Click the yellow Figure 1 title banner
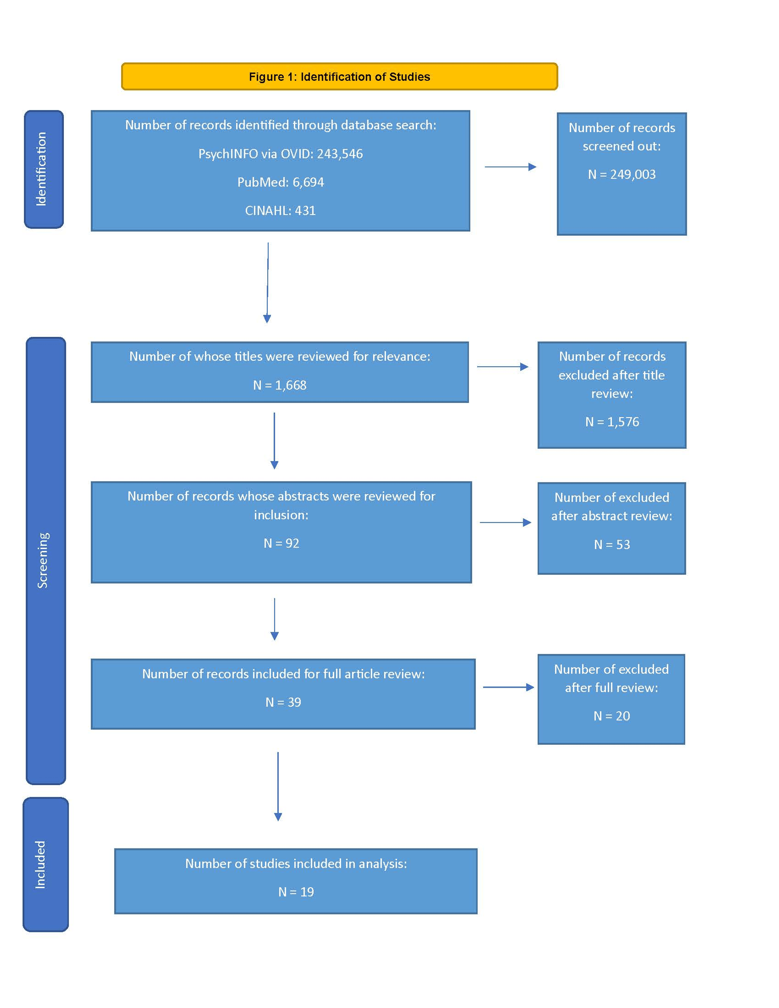tap(339, 77)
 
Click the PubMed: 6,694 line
tap(281, 182)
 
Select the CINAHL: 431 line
tap(280, 211)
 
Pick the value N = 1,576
tap(612, 422)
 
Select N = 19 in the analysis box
tap(296, 892)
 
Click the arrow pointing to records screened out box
tap(510, 167)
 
